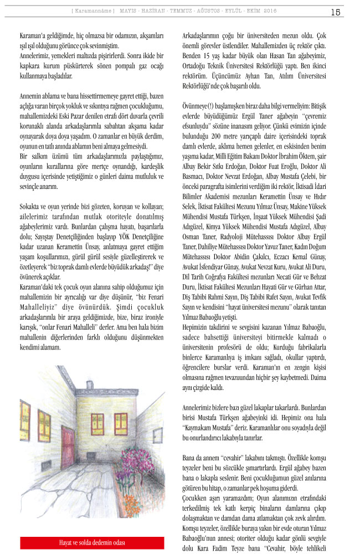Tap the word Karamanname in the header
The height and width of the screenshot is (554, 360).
click(93, 12)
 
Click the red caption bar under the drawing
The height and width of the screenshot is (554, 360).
click(92, 542)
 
